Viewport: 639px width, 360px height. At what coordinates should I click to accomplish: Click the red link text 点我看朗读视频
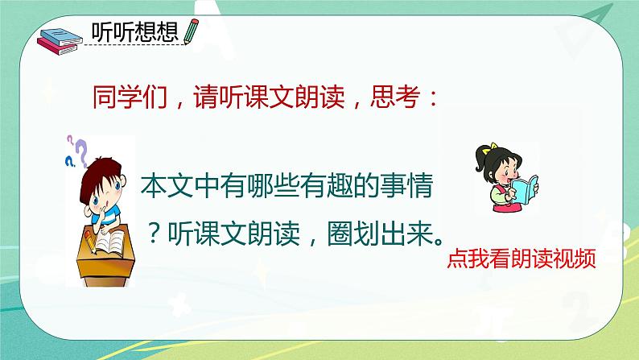521,260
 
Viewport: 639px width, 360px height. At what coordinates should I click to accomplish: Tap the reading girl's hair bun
485,150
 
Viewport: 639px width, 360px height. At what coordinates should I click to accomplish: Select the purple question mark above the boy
80,147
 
